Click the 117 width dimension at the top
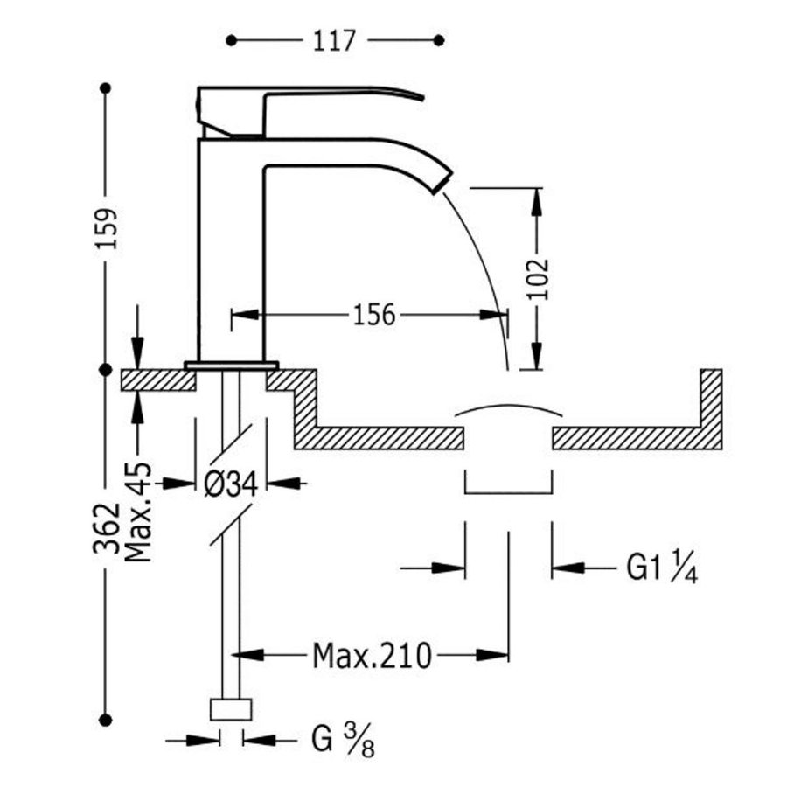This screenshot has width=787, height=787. tap(334, 40)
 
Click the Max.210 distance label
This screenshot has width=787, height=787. tap(372, 654)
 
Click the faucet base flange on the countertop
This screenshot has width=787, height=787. tap(231, 364)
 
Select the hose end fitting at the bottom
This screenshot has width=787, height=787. tap(232, 709)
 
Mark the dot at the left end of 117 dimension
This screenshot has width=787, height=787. tap(232, 40)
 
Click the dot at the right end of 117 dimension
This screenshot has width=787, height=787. tap(440, 40)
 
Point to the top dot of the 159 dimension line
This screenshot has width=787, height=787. tap(107, 88)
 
